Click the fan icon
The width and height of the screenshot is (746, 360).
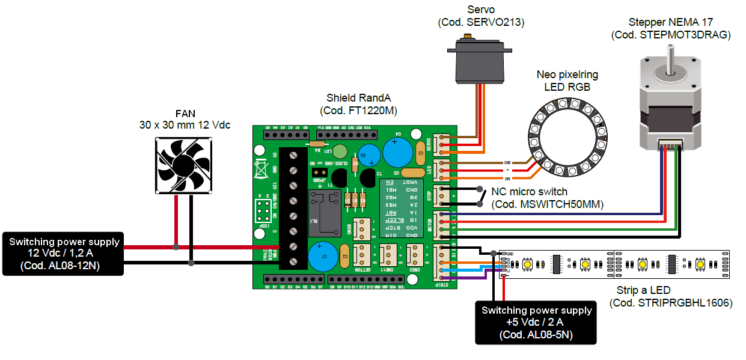tap(183, 165)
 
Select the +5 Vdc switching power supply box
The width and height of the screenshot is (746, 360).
tap(536, 322)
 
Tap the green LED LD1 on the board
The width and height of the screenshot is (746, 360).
tap(340, 151)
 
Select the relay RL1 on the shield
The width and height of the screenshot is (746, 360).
tap(323, 212)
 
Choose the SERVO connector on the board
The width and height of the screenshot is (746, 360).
tap(443, 144)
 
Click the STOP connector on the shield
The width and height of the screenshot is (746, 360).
tap(443, 197)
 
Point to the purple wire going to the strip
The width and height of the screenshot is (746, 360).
tap(475, 278)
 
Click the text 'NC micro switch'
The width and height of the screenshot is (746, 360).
tap(529, 192)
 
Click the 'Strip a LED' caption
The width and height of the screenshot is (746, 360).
tap(644, 290)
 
